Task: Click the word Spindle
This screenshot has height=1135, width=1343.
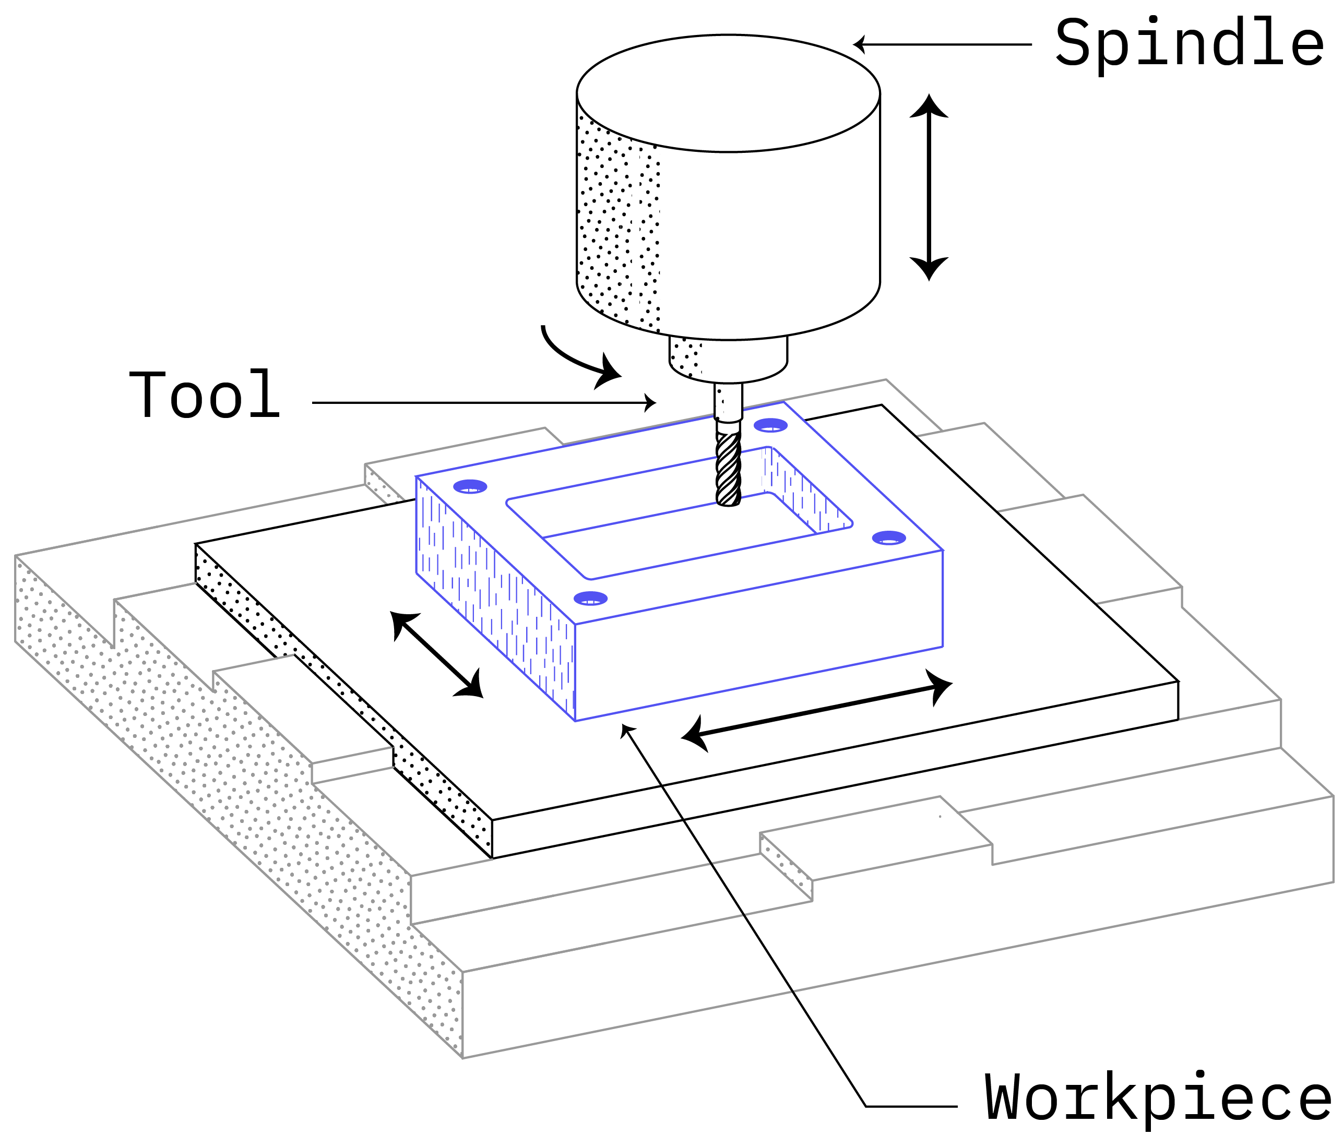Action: [1189, 43]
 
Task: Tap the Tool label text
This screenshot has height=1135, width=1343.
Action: [205, 395]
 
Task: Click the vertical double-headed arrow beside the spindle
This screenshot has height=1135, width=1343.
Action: [929, 187]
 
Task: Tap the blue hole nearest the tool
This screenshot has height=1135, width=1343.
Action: [770, 425]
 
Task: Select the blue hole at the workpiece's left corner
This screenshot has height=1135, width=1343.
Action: [470, 487]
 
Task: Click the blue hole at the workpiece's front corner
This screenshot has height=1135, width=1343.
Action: [590, 599]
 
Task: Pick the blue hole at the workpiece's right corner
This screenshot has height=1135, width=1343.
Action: [889, 538]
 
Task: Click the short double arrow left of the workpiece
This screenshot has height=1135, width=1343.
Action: [437, 654]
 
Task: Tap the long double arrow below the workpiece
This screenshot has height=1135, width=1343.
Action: [816, 710]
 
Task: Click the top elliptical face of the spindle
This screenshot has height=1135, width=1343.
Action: [728, 93]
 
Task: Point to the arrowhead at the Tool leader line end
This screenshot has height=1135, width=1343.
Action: [650, 403]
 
